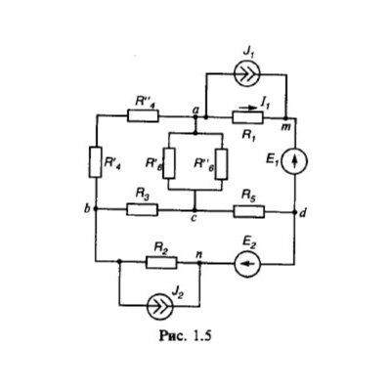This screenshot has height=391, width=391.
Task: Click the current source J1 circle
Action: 247,74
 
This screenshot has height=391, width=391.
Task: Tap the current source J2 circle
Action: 159,306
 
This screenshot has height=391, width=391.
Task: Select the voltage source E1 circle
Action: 294,161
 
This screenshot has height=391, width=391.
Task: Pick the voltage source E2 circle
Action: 247,263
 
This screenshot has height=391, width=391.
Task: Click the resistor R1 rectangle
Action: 247,117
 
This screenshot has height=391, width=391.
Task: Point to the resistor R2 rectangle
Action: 161,262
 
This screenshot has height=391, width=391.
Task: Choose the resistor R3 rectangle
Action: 143,209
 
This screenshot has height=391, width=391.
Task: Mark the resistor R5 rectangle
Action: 249,211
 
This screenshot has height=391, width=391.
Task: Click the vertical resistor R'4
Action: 96,162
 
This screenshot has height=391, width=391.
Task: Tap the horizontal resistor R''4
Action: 144,115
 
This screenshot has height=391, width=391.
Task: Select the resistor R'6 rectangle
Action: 169,163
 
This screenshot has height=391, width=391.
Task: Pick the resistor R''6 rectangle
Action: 222,164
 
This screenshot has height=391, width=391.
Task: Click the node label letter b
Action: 87,208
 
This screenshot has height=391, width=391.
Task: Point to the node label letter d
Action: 303,214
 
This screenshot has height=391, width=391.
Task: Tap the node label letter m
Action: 286,127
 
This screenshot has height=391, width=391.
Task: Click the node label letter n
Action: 199,255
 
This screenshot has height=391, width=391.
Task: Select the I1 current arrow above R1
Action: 249,107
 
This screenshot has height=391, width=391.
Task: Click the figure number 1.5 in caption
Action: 202,335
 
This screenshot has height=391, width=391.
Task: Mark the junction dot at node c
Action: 195,210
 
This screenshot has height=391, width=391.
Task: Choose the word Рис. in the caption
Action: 173,336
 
